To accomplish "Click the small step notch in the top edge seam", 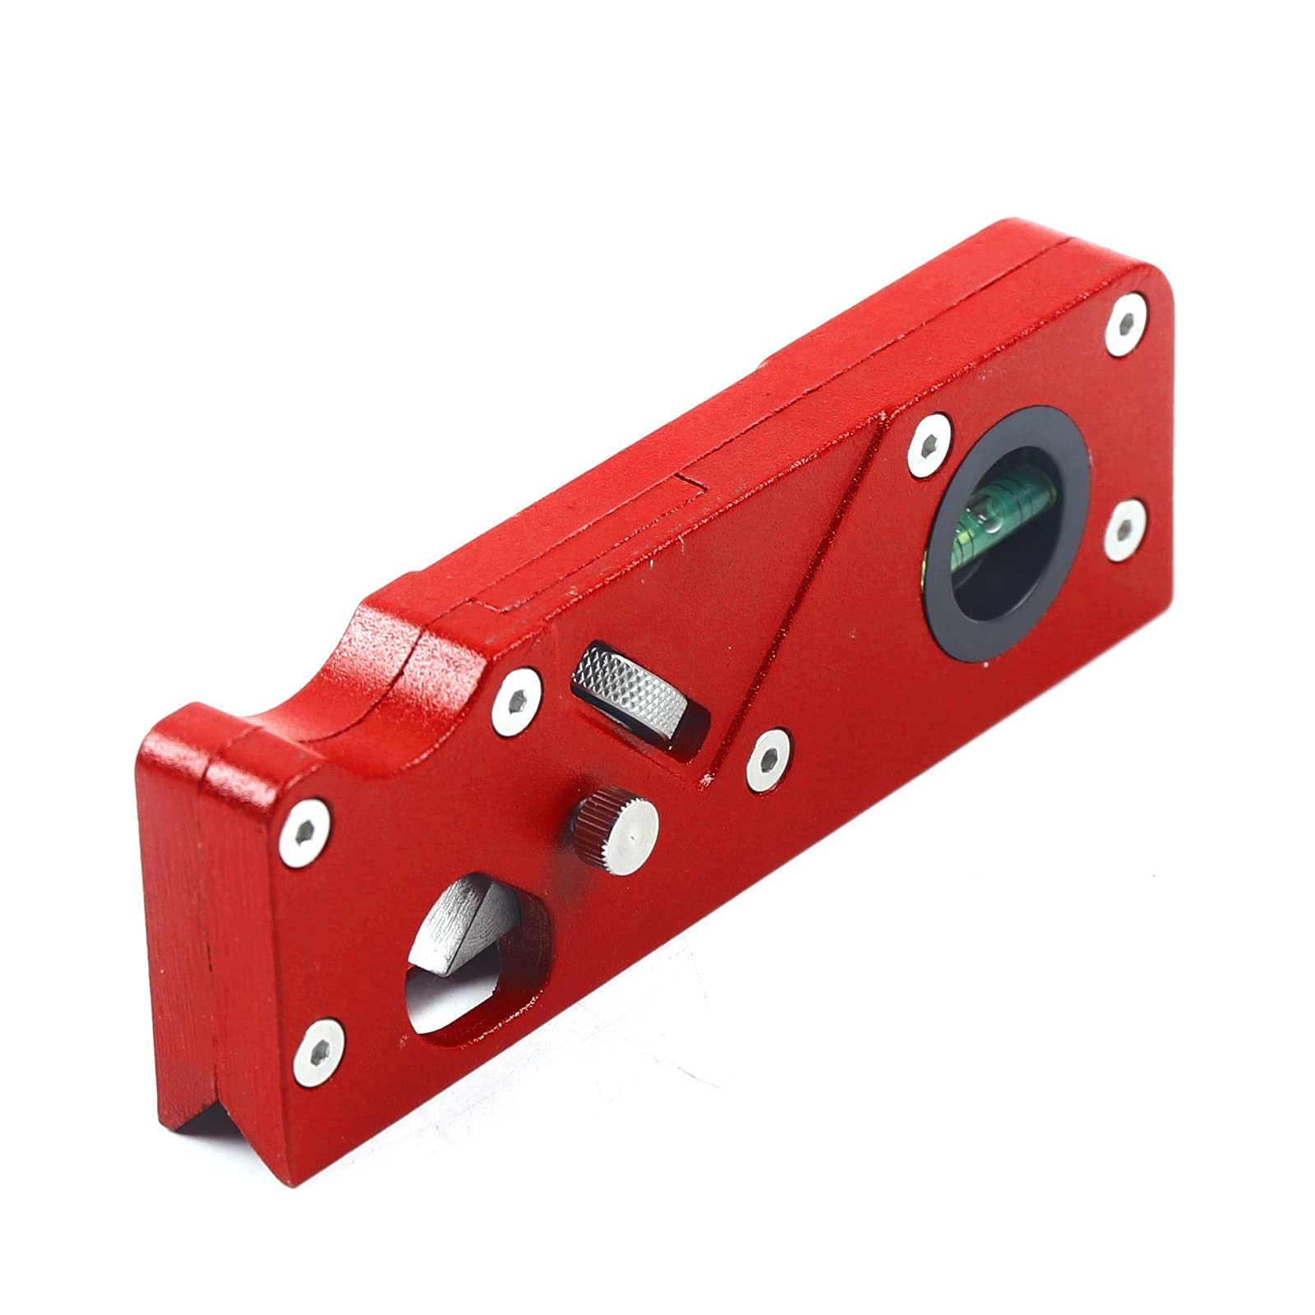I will (x=690, y=485).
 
